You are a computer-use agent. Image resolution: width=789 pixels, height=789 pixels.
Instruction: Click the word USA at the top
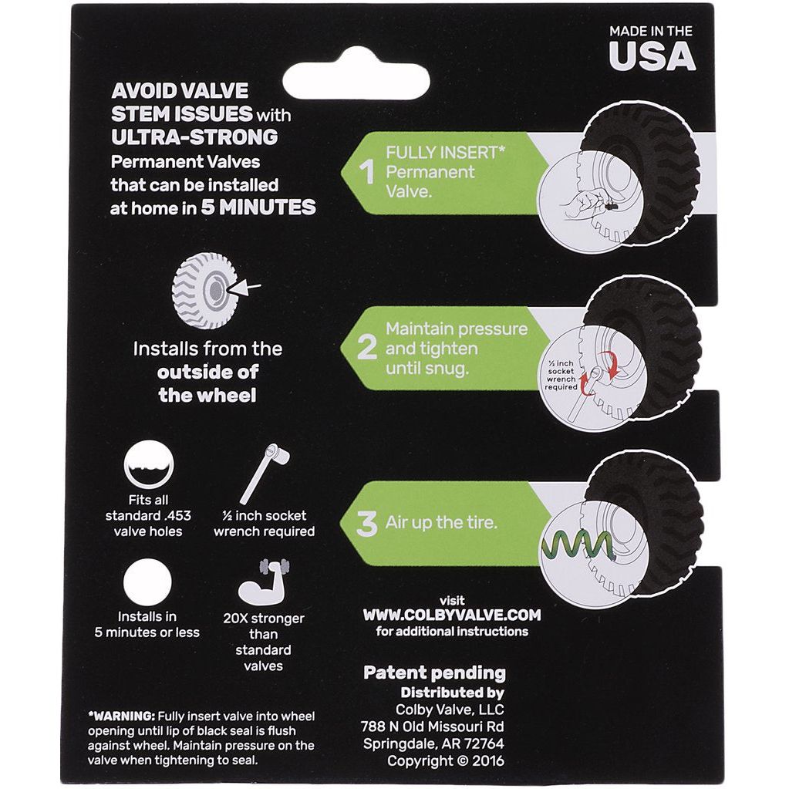click(652, 56)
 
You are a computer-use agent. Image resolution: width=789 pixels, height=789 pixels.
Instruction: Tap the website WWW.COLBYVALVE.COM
click(452, 615)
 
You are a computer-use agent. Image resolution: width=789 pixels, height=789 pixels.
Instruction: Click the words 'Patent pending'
click(434, 673)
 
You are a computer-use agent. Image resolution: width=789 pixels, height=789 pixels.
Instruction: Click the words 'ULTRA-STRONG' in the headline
click(194, 137)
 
